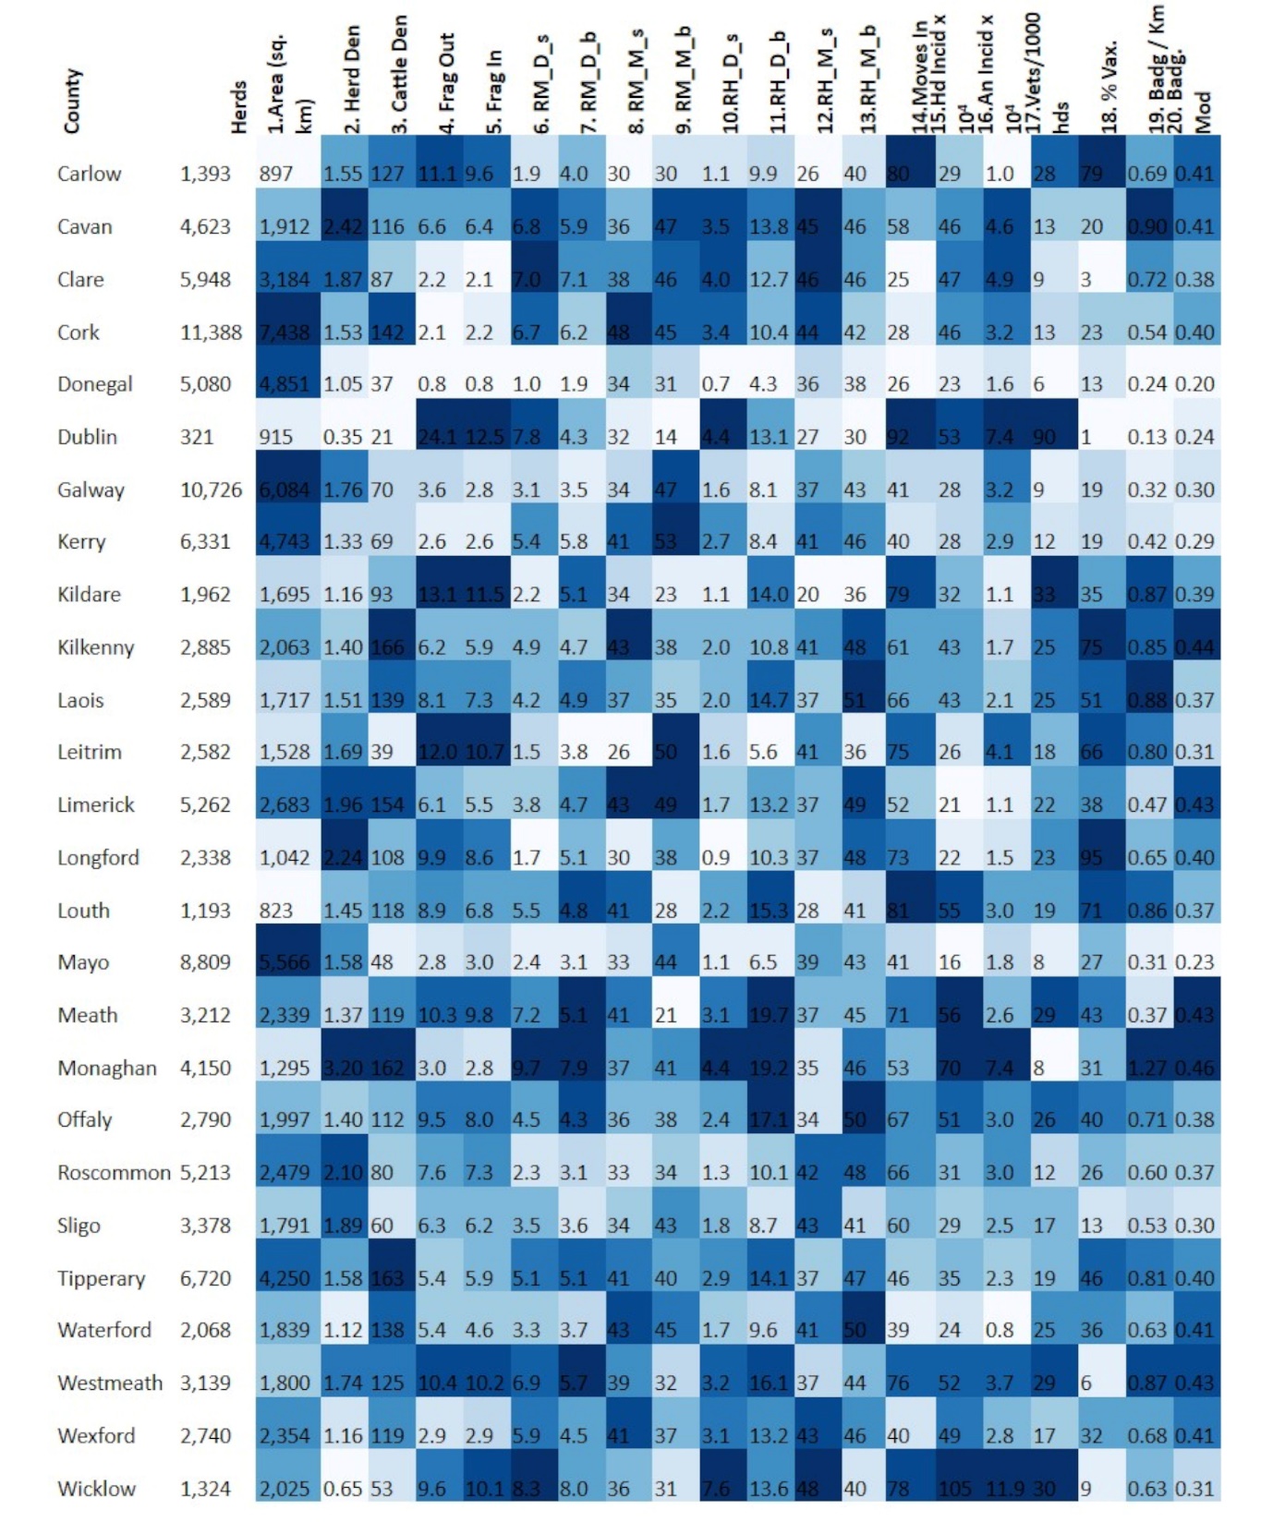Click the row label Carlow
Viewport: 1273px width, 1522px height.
89,174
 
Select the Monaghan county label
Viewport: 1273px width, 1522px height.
107,1068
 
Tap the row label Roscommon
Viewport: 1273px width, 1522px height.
114,1172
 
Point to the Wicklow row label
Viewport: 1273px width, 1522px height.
96,1488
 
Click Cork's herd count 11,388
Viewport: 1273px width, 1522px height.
211,332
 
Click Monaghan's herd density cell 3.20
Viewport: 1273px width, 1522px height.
344,1068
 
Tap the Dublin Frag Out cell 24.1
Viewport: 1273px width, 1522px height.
438,437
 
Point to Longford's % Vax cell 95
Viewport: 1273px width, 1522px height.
1092,858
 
